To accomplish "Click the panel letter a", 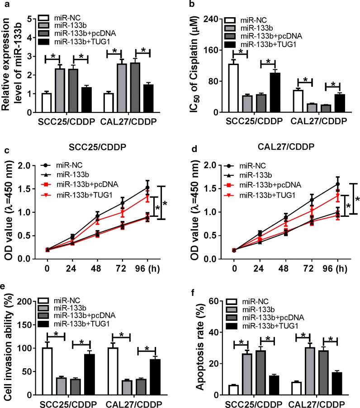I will click(x=5, y=5).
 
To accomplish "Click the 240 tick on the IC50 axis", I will click(x=215, y=19).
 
